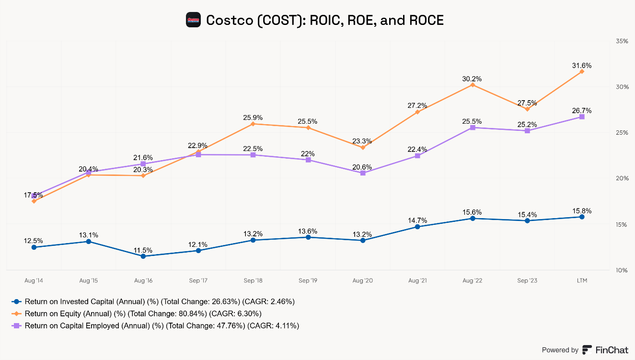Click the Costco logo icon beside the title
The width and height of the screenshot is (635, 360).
point(193,20)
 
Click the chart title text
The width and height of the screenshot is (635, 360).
point(325,20)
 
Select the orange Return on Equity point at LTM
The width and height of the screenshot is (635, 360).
point(582,71)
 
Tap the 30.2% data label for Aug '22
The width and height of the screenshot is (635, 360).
point(472,79)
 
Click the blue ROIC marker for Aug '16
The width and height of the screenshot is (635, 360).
point(143,256)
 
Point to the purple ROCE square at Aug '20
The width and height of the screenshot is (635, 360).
point(363,173)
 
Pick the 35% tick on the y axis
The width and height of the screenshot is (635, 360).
point(622,41)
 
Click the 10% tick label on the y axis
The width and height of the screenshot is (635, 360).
point(622,270)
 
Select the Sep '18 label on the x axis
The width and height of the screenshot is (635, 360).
point(253,280)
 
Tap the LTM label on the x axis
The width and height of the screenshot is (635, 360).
point(582,280)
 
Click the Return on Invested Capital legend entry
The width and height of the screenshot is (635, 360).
point(154,302)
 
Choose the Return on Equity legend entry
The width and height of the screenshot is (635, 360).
point(137,314)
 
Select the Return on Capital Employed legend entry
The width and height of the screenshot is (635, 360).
point(156,325)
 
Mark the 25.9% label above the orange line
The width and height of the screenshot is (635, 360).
point(253,117)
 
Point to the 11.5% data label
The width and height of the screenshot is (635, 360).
point(143,250)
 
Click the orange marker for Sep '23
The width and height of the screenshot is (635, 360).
point(527,109)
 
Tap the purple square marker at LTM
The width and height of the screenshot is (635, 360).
point(582,116)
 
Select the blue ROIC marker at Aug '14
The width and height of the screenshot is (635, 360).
point(34,247)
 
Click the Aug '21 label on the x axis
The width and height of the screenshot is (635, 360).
point(417,280)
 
